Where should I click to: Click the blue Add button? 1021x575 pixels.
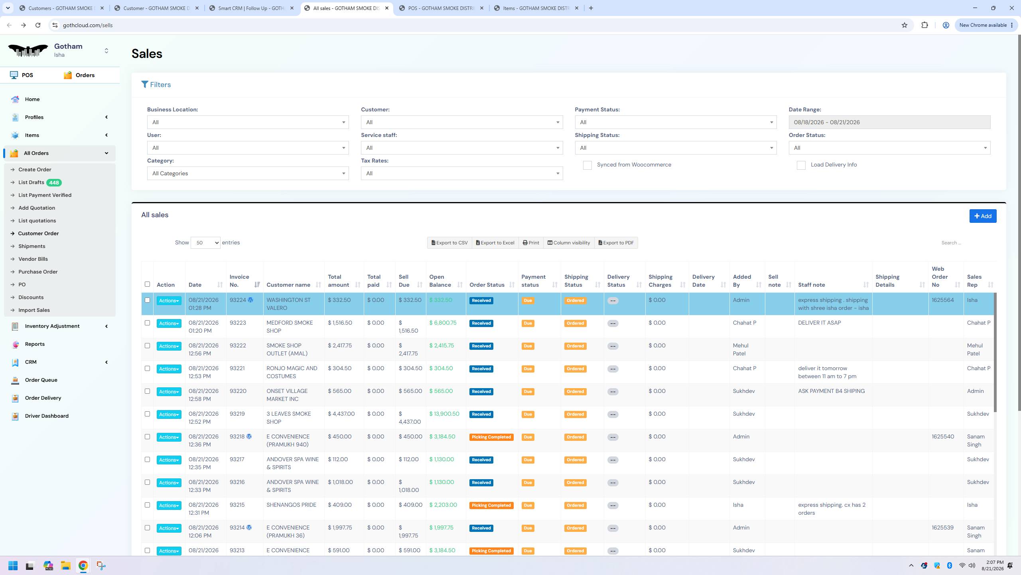click(983, 216)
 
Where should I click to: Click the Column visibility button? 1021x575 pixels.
click(568, 243)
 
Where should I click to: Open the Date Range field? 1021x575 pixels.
click(889, 122)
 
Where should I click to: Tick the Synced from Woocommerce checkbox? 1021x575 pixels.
click(587, 165)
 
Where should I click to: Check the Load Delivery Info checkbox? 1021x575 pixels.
click(801, 165)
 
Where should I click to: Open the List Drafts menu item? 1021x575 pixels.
click(31, 182)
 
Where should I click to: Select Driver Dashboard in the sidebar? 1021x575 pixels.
click(47, 416)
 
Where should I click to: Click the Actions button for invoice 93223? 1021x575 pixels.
click(169, 323)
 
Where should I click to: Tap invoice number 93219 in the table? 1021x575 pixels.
click(237, 414)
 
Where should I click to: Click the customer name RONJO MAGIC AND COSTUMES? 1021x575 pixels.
click(292, 373)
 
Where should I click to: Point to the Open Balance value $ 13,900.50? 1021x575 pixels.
click(444, 414)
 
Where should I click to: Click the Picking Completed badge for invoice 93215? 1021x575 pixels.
click(491, 506)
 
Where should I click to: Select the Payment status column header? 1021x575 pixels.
click(533, 281)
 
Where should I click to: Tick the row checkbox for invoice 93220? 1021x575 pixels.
click(147, 391)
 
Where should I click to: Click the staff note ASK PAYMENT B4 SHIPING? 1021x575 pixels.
click(831, 391)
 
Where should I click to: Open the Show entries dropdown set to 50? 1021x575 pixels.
click(205, 243)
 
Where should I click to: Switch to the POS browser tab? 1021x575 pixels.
click(441, 8)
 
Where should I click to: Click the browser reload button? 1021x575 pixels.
click(38, 25)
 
